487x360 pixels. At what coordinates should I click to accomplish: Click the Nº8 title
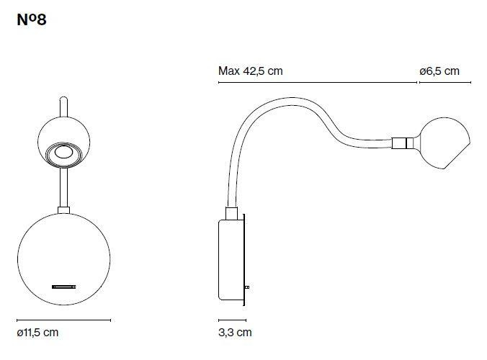pyautogui.click(x=32, y=20)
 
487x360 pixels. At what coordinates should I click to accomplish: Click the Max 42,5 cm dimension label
pyautogui.click(x=250, y=71)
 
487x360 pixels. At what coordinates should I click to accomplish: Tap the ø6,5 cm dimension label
pyautogui.click(x=439, y=71)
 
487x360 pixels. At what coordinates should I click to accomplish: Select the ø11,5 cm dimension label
pyautogui.click(x=37, y=333)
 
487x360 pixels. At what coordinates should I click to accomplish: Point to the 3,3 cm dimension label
pyautogui.click(x=235, y=333)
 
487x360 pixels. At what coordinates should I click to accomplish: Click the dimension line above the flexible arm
pyautogui.click(x=318, y=83)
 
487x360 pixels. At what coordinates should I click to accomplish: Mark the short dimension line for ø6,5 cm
pyautogui.click(x=445, y=83)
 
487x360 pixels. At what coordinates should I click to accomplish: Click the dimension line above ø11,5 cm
pyautogui.click(x=63, y=320)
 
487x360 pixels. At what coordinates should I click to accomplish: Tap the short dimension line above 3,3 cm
pyautogui.click(x=232, y=320)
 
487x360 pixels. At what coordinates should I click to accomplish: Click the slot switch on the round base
pyautogui.click(x=63, y=287)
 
